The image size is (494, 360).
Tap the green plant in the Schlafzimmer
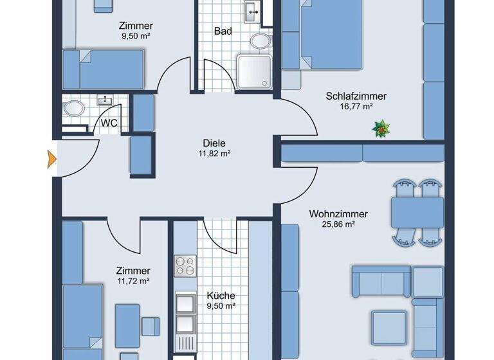(380, 130)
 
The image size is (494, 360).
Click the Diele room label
(215, 143)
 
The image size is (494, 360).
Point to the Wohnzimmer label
(338, 213)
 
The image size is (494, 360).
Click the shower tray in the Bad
(253, 71)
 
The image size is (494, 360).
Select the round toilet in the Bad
(261, 42)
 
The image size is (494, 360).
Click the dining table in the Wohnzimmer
(417, 212)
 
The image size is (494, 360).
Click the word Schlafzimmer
(356, 96)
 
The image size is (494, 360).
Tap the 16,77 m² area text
(356, 107)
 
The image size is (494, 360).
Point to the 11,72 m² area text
(133, 281)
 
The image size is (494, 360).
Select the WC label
(109, 122)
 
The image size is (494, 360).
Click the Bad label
(223, 31)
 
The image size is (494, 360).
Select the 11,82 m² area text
(215, 154)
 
